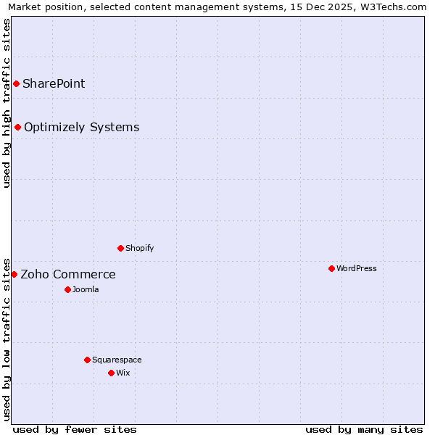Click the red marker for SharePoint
[16, 83]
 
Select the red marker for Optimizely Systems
[18, 128]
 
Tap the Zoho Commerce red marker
[14, 274]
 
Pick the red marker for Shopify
[120, 248]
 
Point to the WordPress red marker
[331, 268]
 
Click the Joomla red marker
[67, 289]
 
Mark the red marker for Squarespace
[87, 360]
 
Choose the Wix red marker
[111, 373]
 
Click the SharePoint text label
[54, 83]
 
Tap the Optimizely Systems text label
[81, 128]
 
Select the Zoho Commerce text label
[68, 274]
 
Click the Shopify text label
[140, 248]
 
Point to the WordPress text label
[357, 268]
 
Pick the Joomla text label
[86, 289]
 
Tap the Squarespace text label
[117, 360]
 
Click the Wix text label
[123, 373]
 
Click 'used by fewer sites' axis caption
[75, 429]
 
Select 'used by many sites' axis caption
[364, 429]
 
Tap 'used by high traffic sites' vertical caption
[7, 103]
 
